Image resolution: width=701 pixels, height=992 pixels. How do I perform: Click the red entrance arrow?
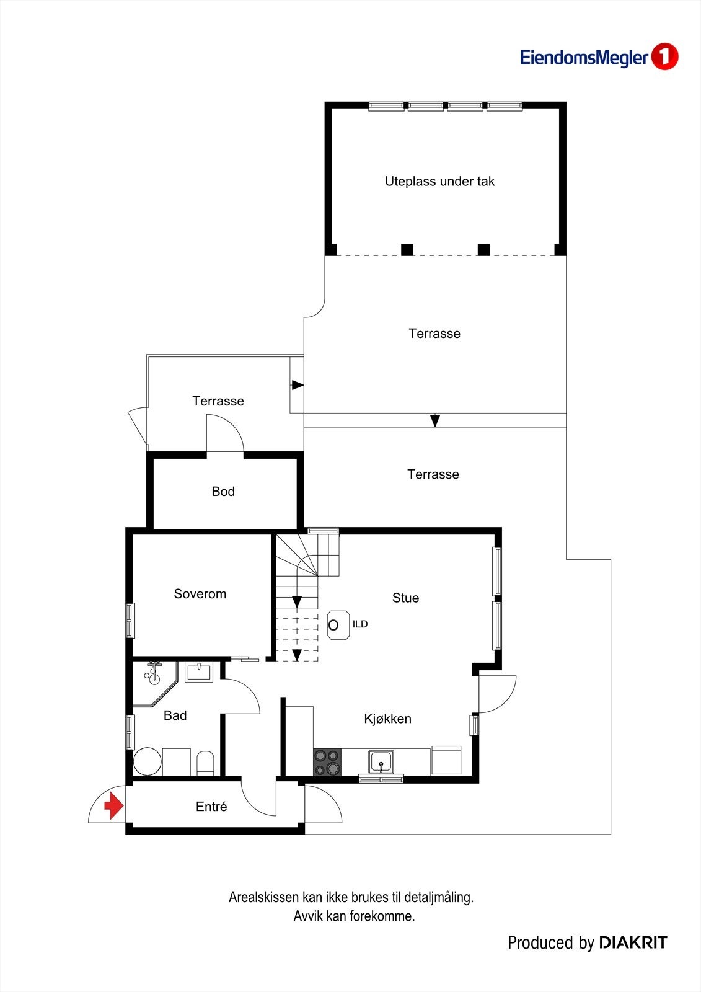point(113,805)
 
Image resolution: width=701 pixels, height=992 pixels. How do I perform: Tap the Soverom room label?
point(200,594)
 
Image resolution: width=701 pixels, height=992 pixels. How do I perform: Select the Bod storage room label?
point(223,492)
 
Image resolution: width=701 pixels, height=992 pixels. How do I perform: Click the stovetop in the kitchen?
point(327,762)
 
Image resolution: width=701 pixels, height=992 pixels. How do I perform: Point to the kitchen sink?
point(381,761)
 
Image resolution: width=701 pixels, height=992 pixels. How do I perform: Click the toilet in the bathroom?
point(205,763)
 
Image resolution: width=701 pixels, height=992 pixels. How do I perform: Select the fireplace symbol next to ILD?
point(334,624)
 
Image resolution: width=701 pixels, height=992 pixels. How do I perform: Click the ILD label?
point(360,624)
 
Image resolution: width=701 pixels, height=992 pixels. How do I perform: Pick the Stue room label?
point(405,598)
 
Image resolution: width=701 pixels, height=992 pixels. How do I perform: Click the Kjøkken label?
point(387,719)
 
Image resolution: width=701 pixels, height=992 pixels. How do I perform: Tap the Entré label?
point(211,807)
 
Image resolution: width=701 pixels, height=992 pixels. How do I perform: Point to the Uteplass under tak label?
point(439,182)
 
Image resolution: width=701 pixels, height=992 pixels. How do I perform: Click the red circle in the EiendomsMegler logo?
point(664,57)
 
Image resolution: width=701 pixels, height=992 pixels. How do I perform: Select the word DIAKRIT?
point(633,943)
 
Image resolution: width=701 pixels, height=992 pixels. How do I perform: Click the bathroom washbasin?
point(199,672)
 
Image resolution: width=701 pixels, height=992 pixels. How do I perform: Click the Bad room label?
point(175,715)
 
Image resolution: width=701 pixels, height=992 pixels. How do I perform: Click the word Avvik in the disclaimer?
point(307,916)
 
